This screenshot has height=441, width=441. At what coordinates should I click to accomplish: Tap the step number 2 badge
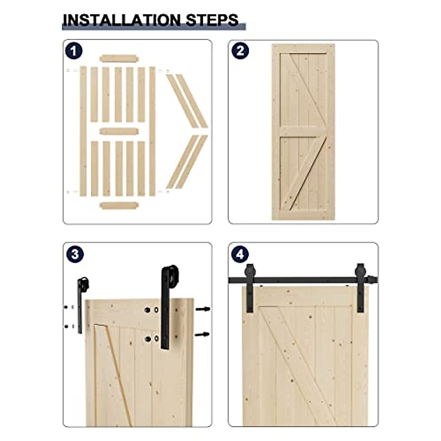pyautogui.click(x=240, y=51)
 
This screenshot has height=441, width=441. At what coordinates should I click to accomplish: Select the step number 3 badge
pyautogui.click(x=75, y=254)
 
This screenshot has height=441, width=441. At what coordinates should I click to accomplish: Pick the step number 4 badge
pyautogui.click(x=240, y=254)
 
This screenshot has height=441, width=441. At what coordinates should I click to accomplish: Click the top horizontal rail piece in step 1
pyautogui.click(x=119, y=58)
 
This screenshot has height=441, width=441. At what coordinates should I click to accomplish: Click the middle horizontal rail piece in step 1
pyautogui.click(x=119, y=131)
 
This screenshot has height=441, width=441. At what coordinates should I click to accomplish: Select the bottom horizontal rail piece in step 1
pyautogui.click(x=119, y=205)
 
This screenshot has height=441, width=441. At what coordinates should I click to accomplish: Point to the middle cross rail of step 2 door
pyautogui.click(x=303, y=132)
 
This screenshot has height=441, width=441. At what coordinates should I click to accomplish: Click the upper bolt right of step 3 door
pyautogui.click(x=203, y=309)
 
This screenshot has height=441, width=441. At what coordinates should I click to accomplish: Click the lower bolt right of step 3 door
pyautogui.click(x=202, y=334)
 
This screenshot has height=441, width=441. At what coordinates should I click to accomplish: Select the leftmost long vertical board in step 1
pyautogui.click(x=83, y=131)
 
